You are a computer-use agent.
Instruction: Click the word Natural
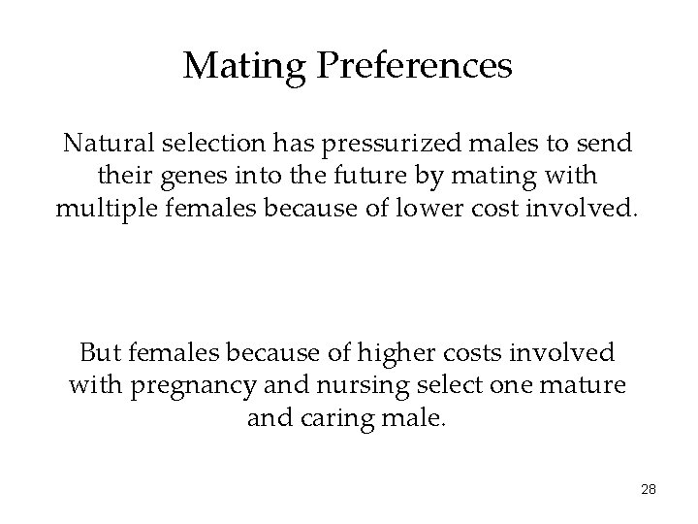[x=104, y=144]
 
